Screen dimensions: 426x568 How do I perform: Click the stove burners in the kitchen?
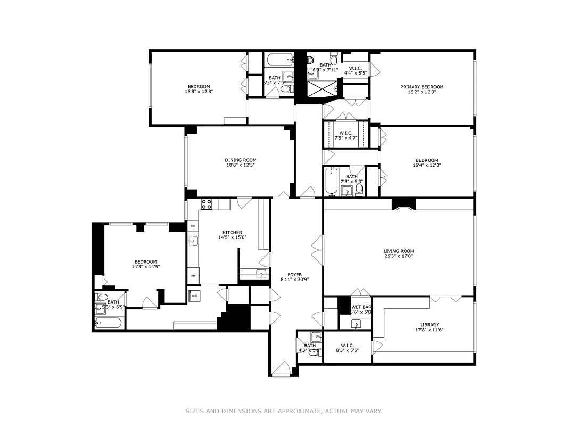206,204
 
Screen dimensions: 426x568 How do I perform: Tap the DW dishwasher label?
193,226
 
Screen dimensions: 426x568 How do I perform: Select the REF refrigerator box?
193,276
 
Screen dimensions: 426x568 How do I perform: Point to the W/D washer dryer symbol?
194,296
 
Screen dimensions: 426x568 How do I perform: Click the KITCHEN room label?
232,233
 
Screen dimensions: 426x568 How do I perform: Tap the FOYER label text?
294,275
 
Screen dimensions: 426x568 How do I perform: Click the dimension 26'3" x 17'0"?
399,257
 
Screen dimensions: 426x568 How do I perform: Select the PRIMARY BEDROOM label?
422,87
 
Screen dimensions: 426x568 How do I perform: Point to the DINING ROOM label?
241,160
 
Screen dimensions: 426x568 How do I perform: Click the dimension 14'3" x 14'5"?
145,267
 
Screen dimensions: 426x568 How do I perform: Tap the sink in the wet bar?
356,323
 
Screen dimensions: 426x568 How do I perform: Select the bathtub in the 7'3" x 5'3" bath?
331,182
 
